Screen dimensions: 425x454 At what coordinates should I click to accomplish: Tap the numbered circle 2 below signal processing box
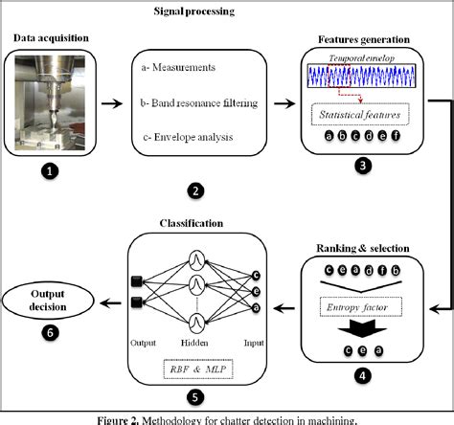coord(195,190)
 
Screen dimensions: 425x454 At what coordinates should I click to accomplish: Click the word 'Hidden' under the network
coord(197,340)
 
